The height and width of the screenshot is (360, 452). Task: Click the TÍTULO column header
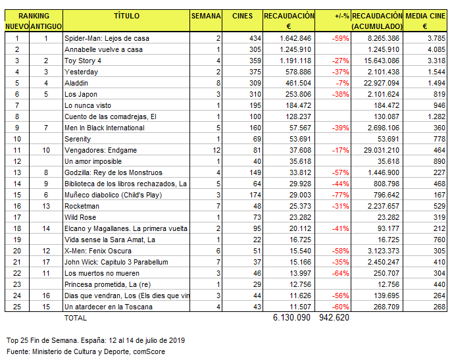point(126,15)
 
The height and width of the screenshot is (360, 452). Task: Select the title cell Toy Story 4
point(82,61)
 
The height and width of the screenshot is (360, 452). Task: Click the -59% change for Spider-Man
point(341,38)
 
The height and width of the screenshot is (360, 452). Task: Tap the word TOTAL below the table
point(74,317)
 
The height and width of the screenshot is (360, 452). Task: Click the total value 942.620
point(334,317)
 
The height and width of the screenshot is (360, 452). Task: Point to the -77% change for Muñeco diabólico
point(341,195)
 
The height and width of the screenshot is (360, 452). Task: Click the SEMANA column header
point(205,15)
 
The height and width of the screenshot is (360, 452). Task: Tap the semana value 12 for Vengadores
point(217,150)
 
